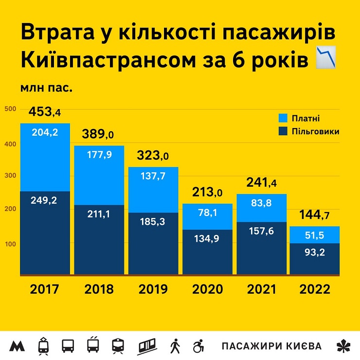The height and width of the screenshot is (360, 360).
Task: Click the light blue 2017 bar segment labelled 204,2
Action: click(45, 157)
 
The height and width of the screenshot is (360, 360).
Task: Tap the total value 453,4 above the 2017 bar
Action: click(45, 112)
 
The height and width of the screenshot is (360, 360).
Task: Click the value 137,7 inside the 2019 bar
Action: click(153, 176)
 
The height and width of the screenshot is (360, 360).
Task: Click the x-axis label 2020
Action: click(208, 289)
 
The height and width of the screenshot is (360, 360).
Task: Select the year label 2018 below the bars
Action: click(99, 289)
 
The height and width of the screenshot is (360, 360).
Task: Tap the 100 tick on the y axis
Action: click(11, 243)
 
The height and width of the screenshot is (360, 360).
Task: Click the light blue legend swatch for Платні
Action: click(283, 118)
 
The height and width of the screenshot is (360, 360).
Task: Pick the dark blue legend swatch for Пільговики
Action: click(283, 131)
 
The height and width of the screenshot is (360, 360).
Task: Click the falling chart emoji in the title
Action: click(326, 57)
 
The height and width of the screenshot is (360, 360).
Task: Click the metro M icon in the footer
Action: click(18, 346)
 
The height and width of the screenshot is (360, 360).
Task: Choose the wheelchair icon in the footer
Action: click(198, 346)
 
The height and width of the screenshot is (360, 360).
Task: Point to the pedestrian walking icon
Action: click(175, 346)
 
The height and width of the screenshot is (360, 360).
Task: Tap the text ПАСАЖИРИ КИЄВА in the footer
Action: click(271, 346)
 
